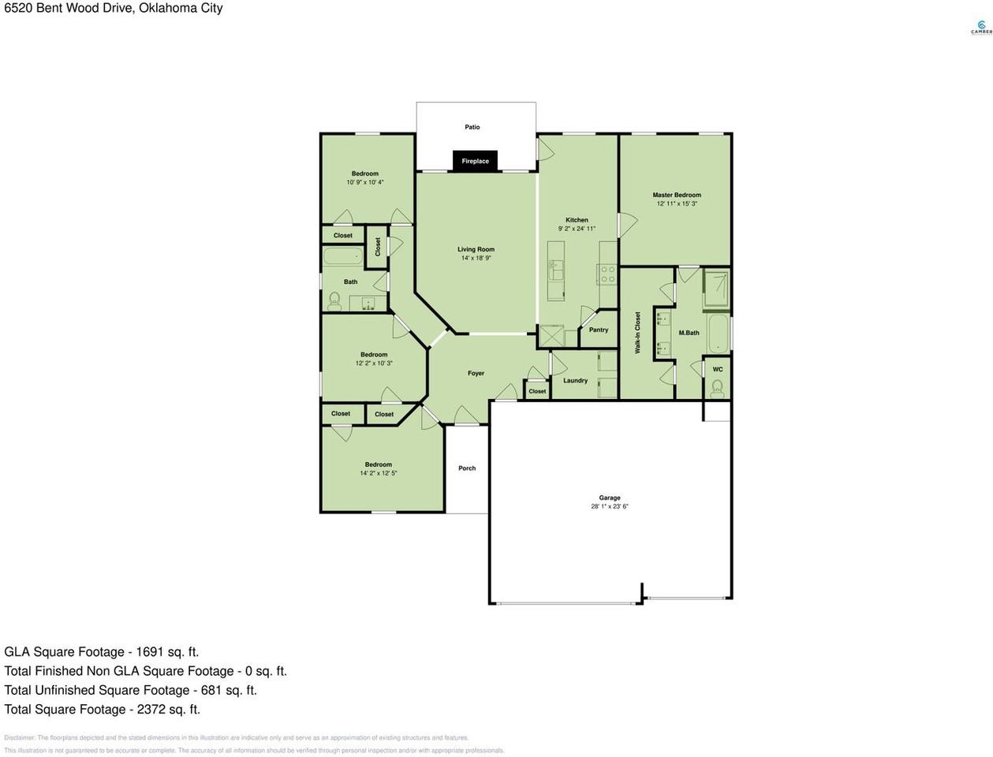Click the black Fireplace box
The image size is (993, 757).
pyautogui.click(x=475, y=161)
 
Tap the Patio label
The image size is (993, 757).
pyautogui.click(x=472, y=127)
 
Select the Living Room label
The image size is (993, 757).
pyautogui.click(x=476, y=249)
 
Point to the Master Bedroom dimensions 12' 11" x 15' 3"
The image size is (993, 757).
pyautogui.click(x=677, y=203)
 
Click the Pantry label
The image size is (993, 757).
pyautogui.click(x=598, y=330)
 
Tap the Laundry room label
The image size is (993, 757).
pyautogui.click(x=575, y=380)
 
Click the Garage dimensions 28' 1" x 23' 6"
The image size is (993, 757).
pyautogui.click(x=609, y=506)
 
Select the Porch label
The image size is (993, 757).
pyautogui.click(x=467, y=468)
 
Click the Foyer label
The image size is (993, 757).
pyautogui.click(x=476, y=373)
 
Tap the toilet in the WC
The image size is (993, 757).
pyautogui.click(x=717, y=386)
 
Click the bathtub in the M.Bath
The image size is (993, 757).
pyautogui.click(x=718, y=334)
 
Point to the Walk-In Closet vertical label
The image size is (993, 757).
pyautogui.click(x=637, y=332)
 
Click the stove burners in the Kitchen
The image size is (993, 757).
pyautogui.click(x=607, y=274)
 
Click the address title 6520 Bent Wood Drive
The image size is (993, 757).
pyautogui.click(x=113, y=8)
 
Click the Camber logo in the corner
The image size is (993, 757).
pyautogui.click(x=980, y=28)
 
